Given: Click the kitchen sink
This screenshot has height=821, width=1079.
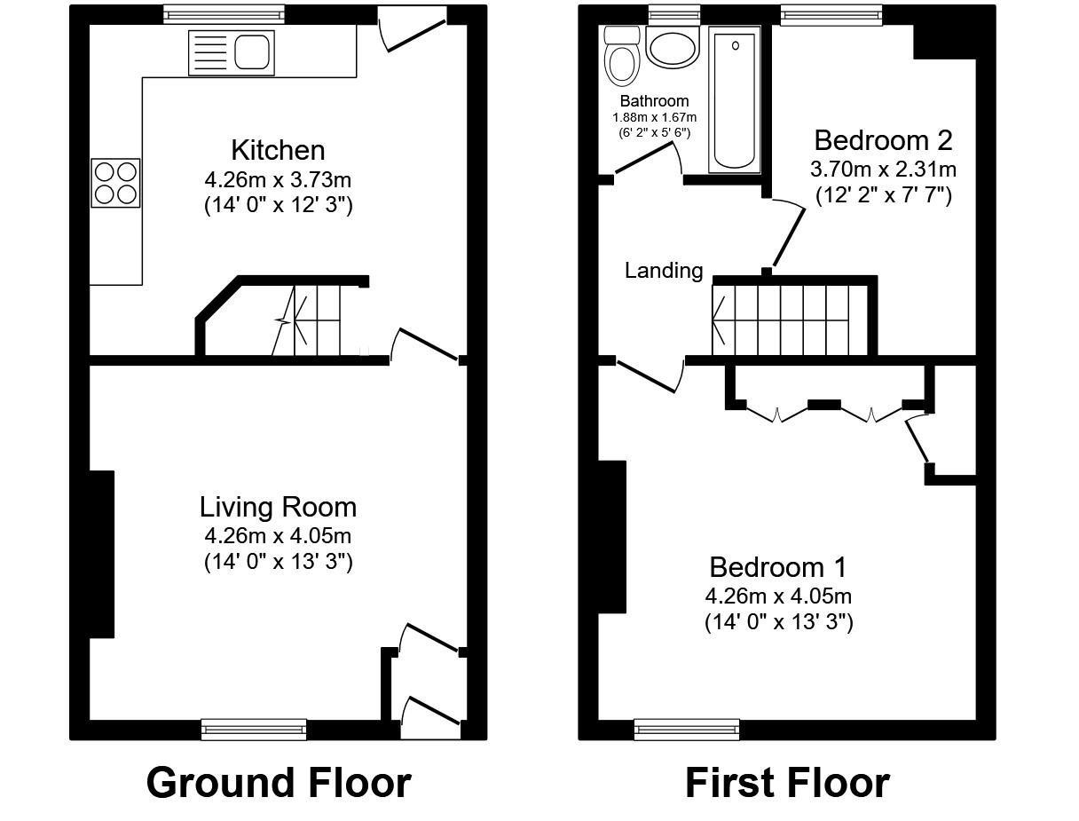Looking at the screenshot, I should [231, 52].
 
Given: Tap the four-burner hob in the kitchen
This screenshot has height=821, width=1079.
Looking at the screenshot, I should [116, 183].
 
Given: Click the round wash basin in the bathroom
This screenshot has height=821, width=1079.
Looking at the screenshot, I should [673, 47].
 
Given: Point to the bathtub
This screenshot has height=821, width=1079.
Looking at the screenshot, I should [734, 99].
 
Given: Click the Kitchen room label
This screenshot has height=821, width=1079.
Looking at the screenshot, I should [278, 149].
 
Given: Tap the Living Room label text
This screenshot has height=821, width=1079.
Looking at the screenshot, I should [278, 507].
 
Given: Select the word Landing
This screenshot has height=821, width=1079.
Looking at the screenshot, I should [664, 271].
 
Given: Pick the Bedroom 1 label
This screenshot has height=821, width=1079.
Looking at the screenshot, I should [778, 566].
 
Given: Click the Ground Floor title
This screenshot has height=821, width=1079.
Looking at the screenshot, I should [278, 783].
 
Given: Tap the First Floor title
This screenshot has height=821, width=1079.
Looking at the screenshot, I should [787, 783].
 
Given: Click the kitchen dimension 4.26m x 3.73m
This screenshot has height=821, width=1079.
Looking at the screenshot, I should [278, 180].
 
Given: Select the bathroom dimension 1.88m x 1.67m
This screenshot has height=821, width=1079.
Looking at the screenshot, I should [654, 117].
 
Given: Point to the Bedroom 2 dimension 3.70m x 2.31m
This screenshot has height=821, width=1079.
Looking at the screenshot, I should [883, 169].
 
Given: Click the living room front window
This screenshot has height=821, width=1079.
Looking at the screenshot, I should [254, 730].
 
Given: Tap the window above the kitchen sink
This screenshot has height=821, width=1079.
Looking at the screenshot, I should [224, 14].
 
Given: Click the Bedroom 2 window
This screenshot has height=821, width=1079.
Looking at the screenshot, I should [831, 14].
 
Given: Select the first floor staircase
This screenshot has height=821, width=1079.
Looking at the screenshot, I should [790, 318].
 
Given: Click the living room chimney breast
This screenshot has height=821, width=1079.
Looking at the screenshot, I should [102, 554].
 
